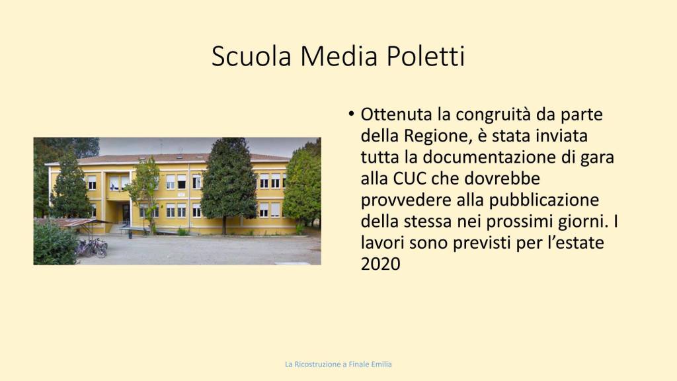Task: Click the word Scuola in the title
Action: point(251,56)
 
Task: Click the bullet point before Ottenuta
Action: point(351,114)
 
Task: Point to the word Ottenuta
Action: point(396,114)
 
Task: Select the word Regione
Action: point(436,137)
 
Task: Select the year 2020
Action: point(380,264)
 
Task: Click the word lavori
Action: point(383,242)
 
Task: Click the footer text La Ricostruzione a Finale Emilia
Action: point(338,364)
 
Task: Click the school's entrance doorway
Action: point(126,214)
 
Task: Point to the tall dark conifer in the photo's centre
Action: point(229,184)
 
